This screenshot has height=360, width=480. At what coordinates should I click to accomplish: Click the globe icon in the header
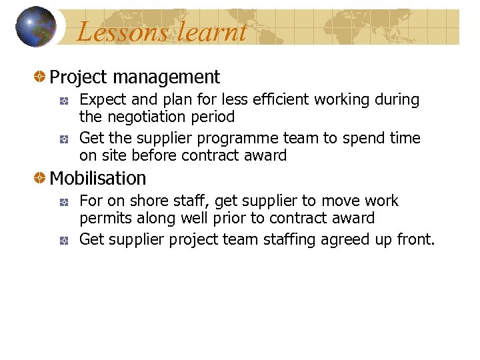point(36,27)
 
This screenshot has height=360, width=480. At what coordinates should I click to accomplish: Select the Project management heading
point(135,77)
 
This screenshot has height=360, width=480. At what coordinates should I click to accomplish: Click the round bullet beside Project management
point(41,77)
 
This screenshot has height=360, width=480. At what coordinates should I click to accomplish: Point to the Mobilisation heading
point(98,179)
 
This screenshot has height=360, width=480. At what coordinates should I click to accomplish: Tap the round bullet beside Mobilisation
point(41,179)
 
